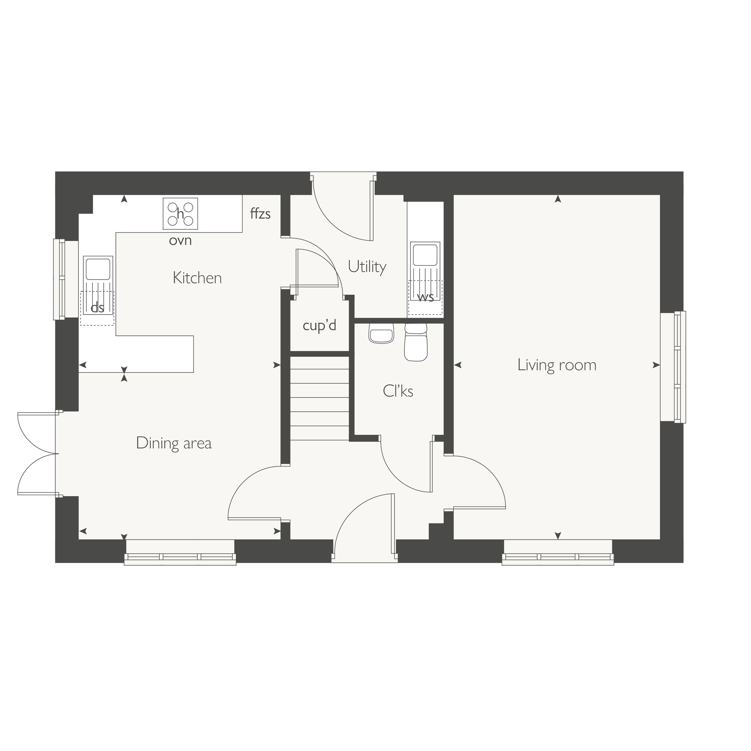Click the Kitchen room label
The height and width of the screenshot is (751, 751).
[197, 278]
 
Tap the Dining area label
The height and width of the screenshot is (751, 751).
[174, 443]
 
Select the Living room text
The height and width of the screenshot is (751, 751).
[557, 365]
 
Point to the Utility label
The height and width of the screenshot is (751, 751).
[367, 267]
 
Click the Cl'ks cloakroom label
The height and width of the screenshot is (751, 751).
[398, 391]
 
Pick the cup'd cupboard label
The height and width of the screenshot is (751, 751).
[319, 325]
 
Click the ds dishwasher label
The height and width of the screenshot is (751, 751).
[97, 308]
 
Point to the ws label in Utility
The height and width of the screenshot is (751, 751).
[425, 297]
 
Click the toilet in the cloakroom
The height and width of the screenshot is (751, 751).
[416, 342]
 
